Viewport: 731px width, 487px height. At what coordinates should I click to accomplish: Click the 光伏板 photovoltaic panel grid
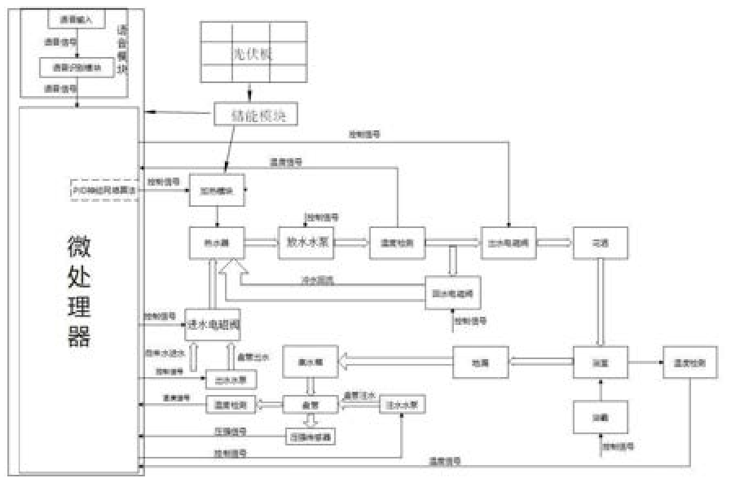pyautogui.click(x=253, y=51)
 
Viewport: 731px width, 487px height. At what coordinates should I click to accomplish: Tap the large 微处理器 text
pyautogui.click(x=79, y=292)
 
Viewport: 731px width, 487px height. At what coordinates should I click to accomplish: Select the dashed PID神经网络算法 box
pyautogui.click(x=105, y=189)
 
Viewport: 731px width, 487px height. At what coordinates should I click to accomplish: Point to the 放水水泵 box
pyautogui.click(x=306, y=242)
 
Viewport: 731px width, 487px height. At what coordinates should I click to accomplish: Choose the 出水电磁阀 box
pyautogui.click(x=508, y=242)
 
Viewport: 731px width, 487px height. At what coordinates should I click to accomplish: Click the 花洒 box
pyautogui.click(x=601, y=242)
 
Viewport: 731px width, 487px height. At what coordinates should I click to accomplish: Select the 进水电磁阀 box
pyautogui.click(x=214, y=324)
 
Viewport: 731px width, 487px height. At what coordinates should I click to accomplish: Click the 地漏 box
pyautogui.click(x=481, y=362)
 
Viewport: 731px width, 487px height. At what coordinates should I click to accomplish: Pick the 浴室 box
pyautogui.click(x=601, y=362)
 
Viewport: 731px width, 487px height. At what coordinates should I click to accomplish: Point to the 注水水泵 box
pyautogui.click(x=403, y=404)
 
